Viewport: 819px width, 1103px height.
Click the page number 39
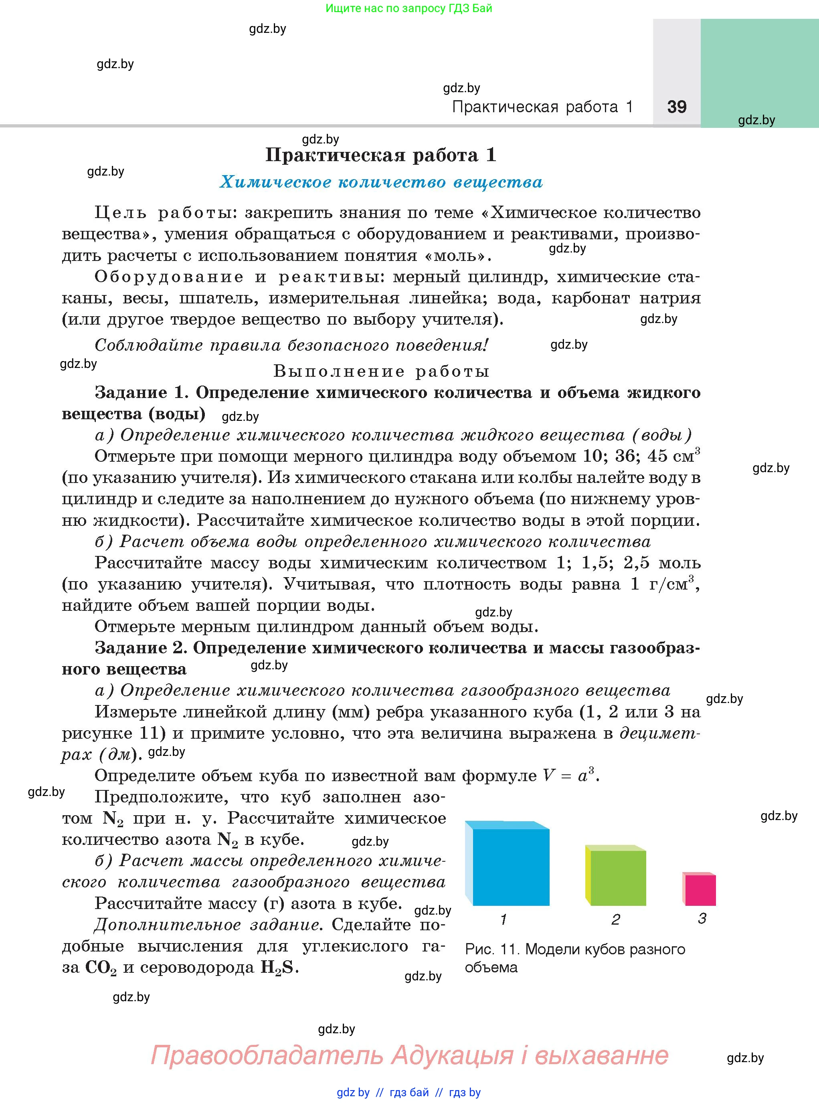[677, 107]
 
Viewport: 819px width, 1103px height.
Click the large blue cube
[510, 866]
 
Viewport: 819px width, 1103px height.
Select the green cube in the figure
[617, 877]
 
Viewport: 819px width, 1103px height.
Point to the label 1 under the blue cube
[504, 919]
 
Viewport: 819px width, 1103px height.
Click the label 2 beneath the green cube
[616, 919]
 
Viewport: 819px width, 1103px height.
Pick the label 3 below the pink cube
[702, 919]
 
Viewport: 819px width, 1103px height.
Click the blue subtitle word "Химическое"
[275, 182]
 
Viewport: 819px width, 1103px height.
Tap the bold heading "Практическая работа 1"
[381, 155]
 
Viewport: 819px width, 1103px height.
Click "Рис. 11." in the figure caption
[492, 949]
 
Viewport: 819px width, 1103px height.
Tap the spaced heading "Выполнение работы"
[381, 371]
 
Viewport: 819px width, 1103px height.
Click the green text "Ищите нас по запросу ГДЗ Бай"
[409, 8]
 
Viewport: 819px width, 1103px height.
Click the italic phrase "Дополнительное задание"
[206, 925]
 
